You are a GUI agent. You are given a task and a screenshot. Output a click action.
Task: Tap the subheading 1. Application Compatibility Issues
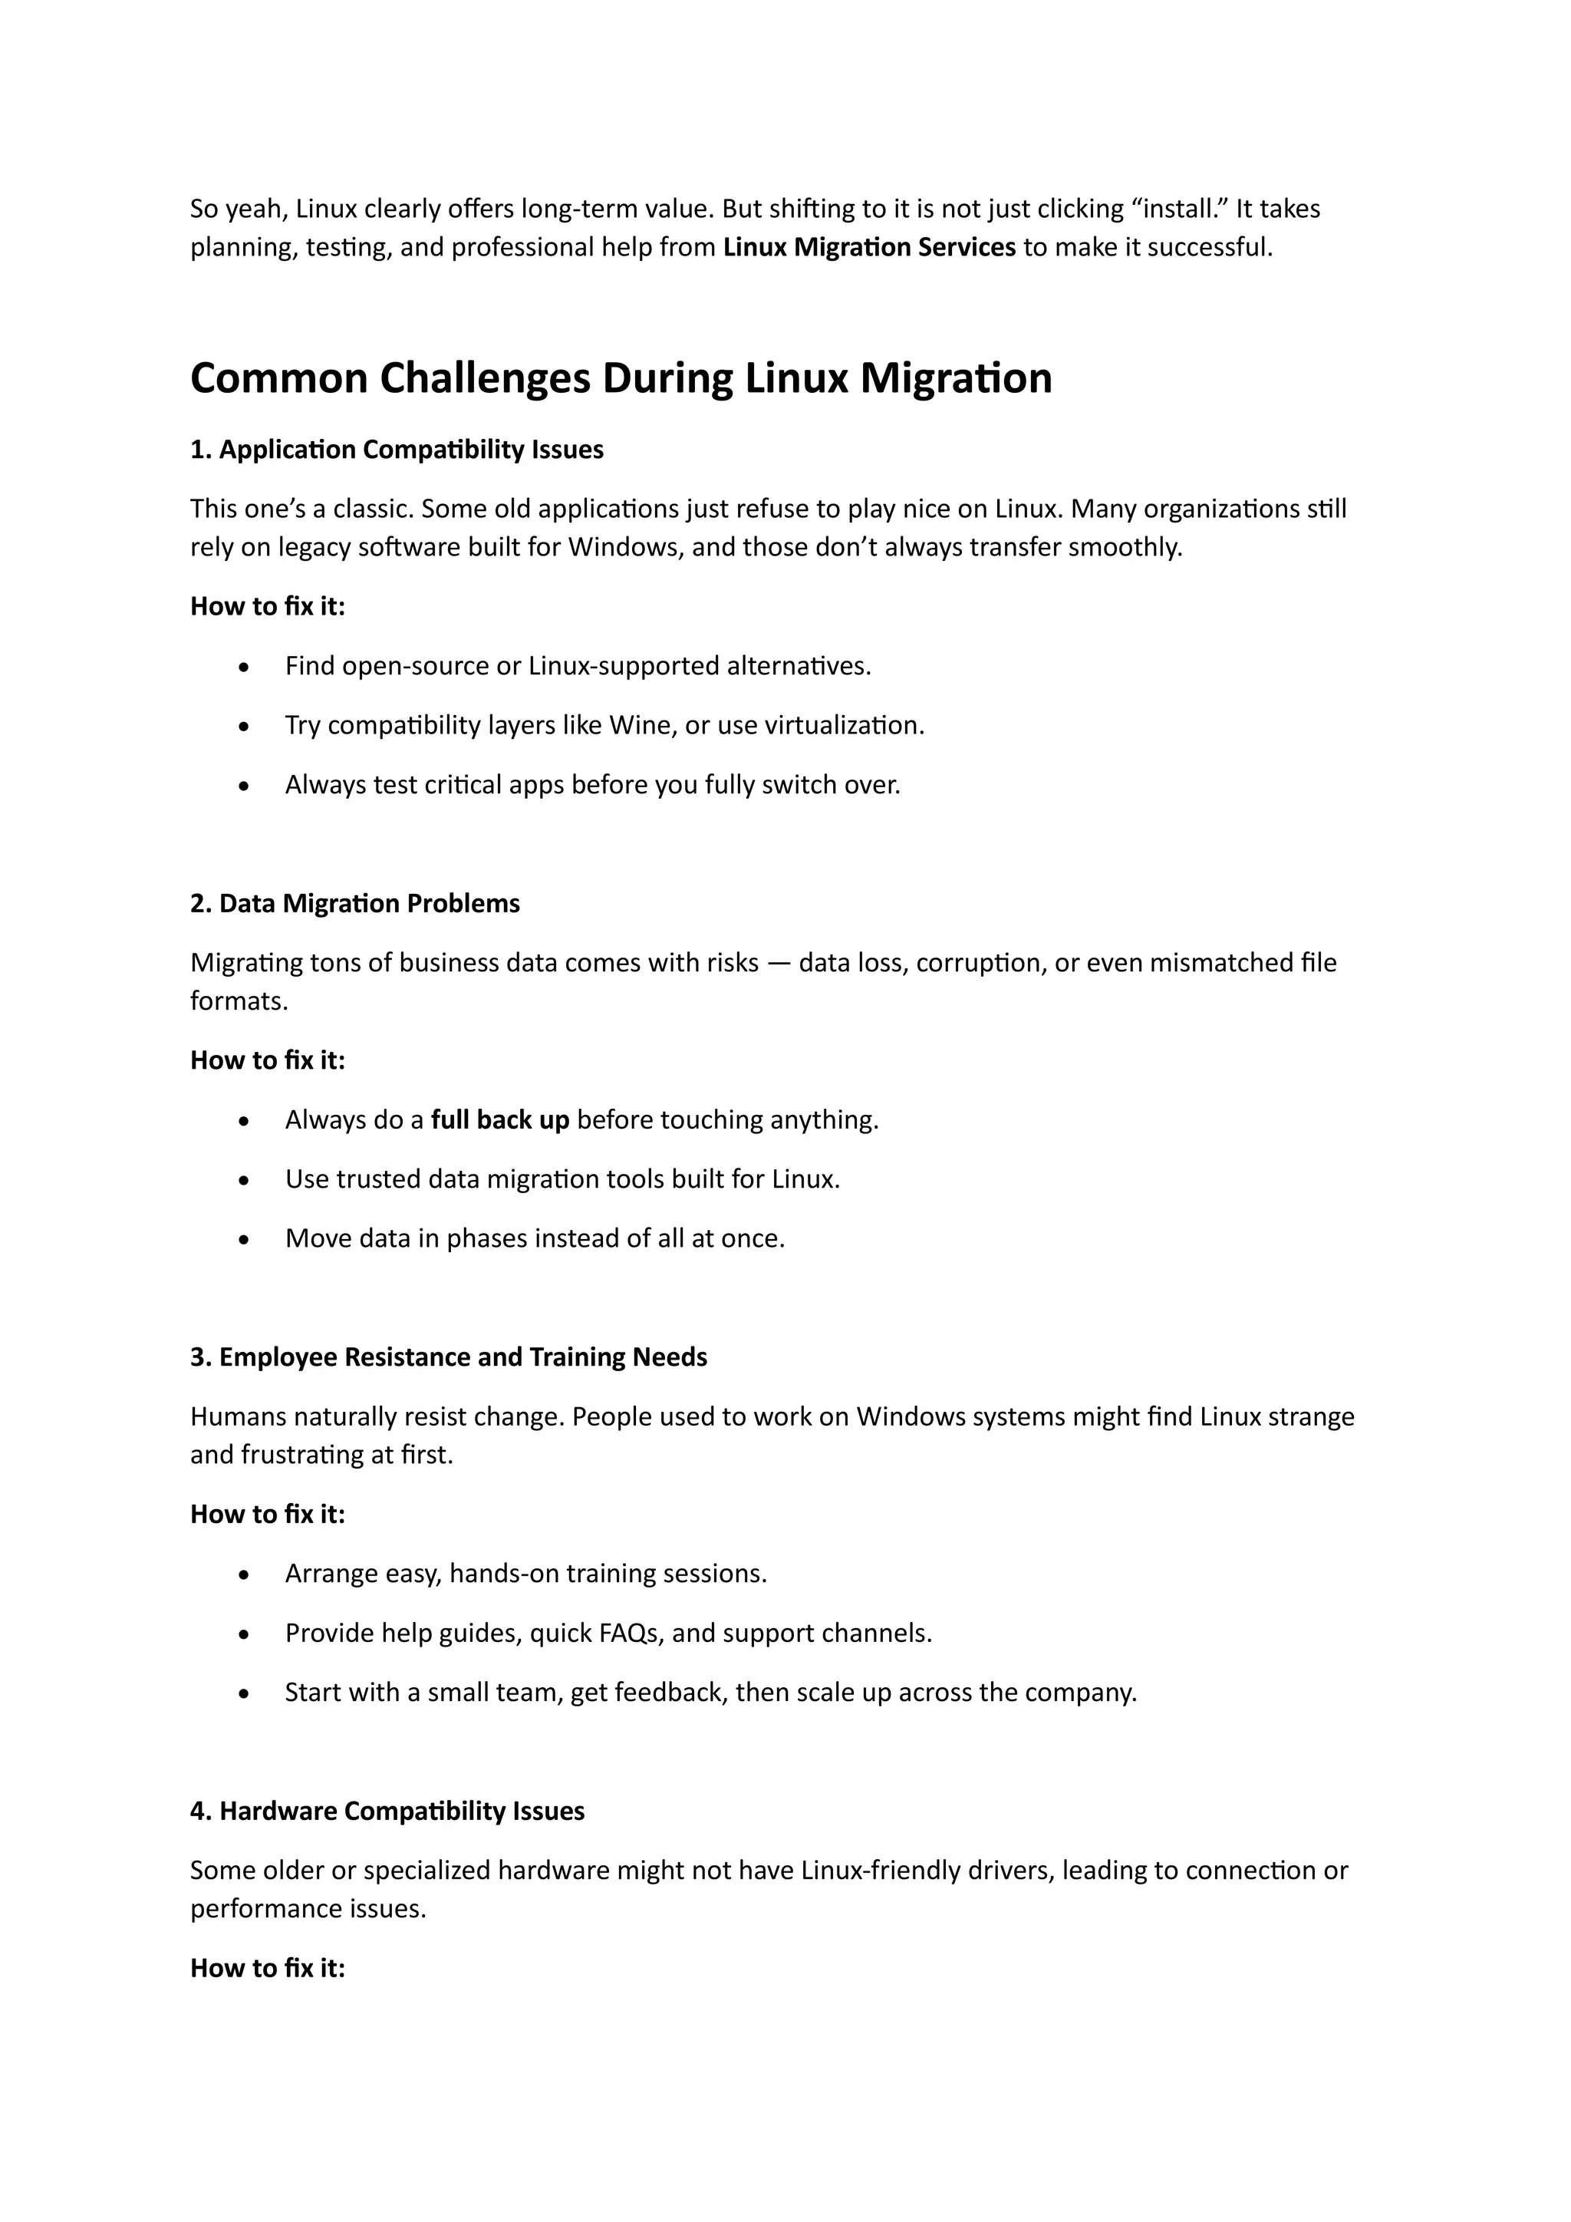pyautogui.click(x=397, y=450)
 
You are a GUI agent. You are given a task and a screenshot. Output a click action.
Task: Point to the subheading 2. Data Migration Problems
pyautogui.click(x=355, y=904)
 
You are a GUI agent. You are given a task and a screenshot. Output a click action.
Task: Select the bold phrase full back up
pyautogui.click(x=499, y=1119)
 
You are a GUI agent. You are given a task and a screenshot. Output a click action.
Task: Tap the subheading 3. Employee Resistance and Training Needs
pyautogui.click(x=448, y=1358)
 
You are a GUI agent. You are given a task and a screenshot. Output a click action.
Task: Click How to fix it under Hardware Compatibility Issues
pyautogui.click(x=267, y=1969)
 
